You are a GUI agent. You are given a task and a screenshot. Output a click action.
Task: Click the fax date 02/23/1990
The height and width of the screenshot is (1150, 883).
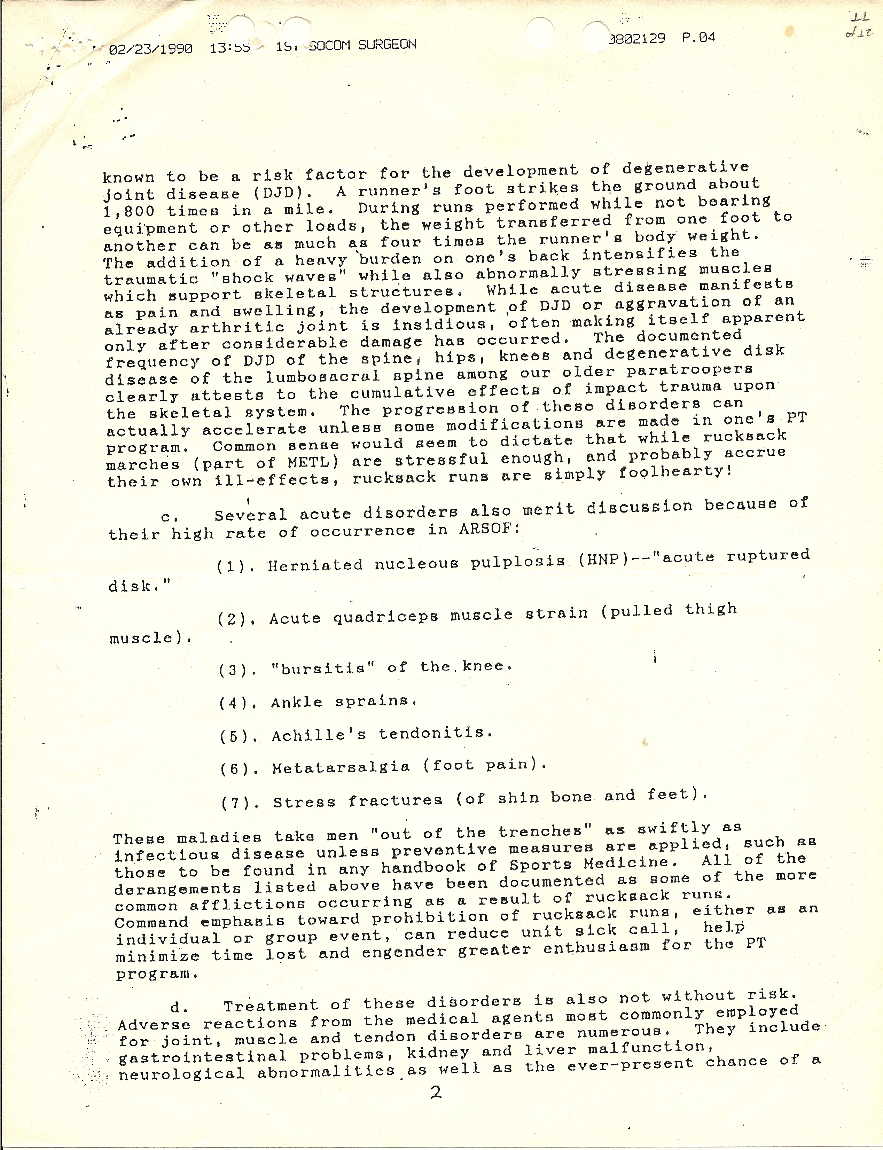(x=151, y=49)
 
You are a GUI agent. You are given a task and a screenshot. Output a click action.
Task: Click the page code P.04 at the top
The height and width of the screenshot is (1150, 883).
(x=698, y=38)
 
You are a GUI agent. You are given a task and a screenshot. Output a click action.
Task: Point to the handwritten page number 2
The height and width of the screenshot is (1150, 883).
(x=436, y=1093)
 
